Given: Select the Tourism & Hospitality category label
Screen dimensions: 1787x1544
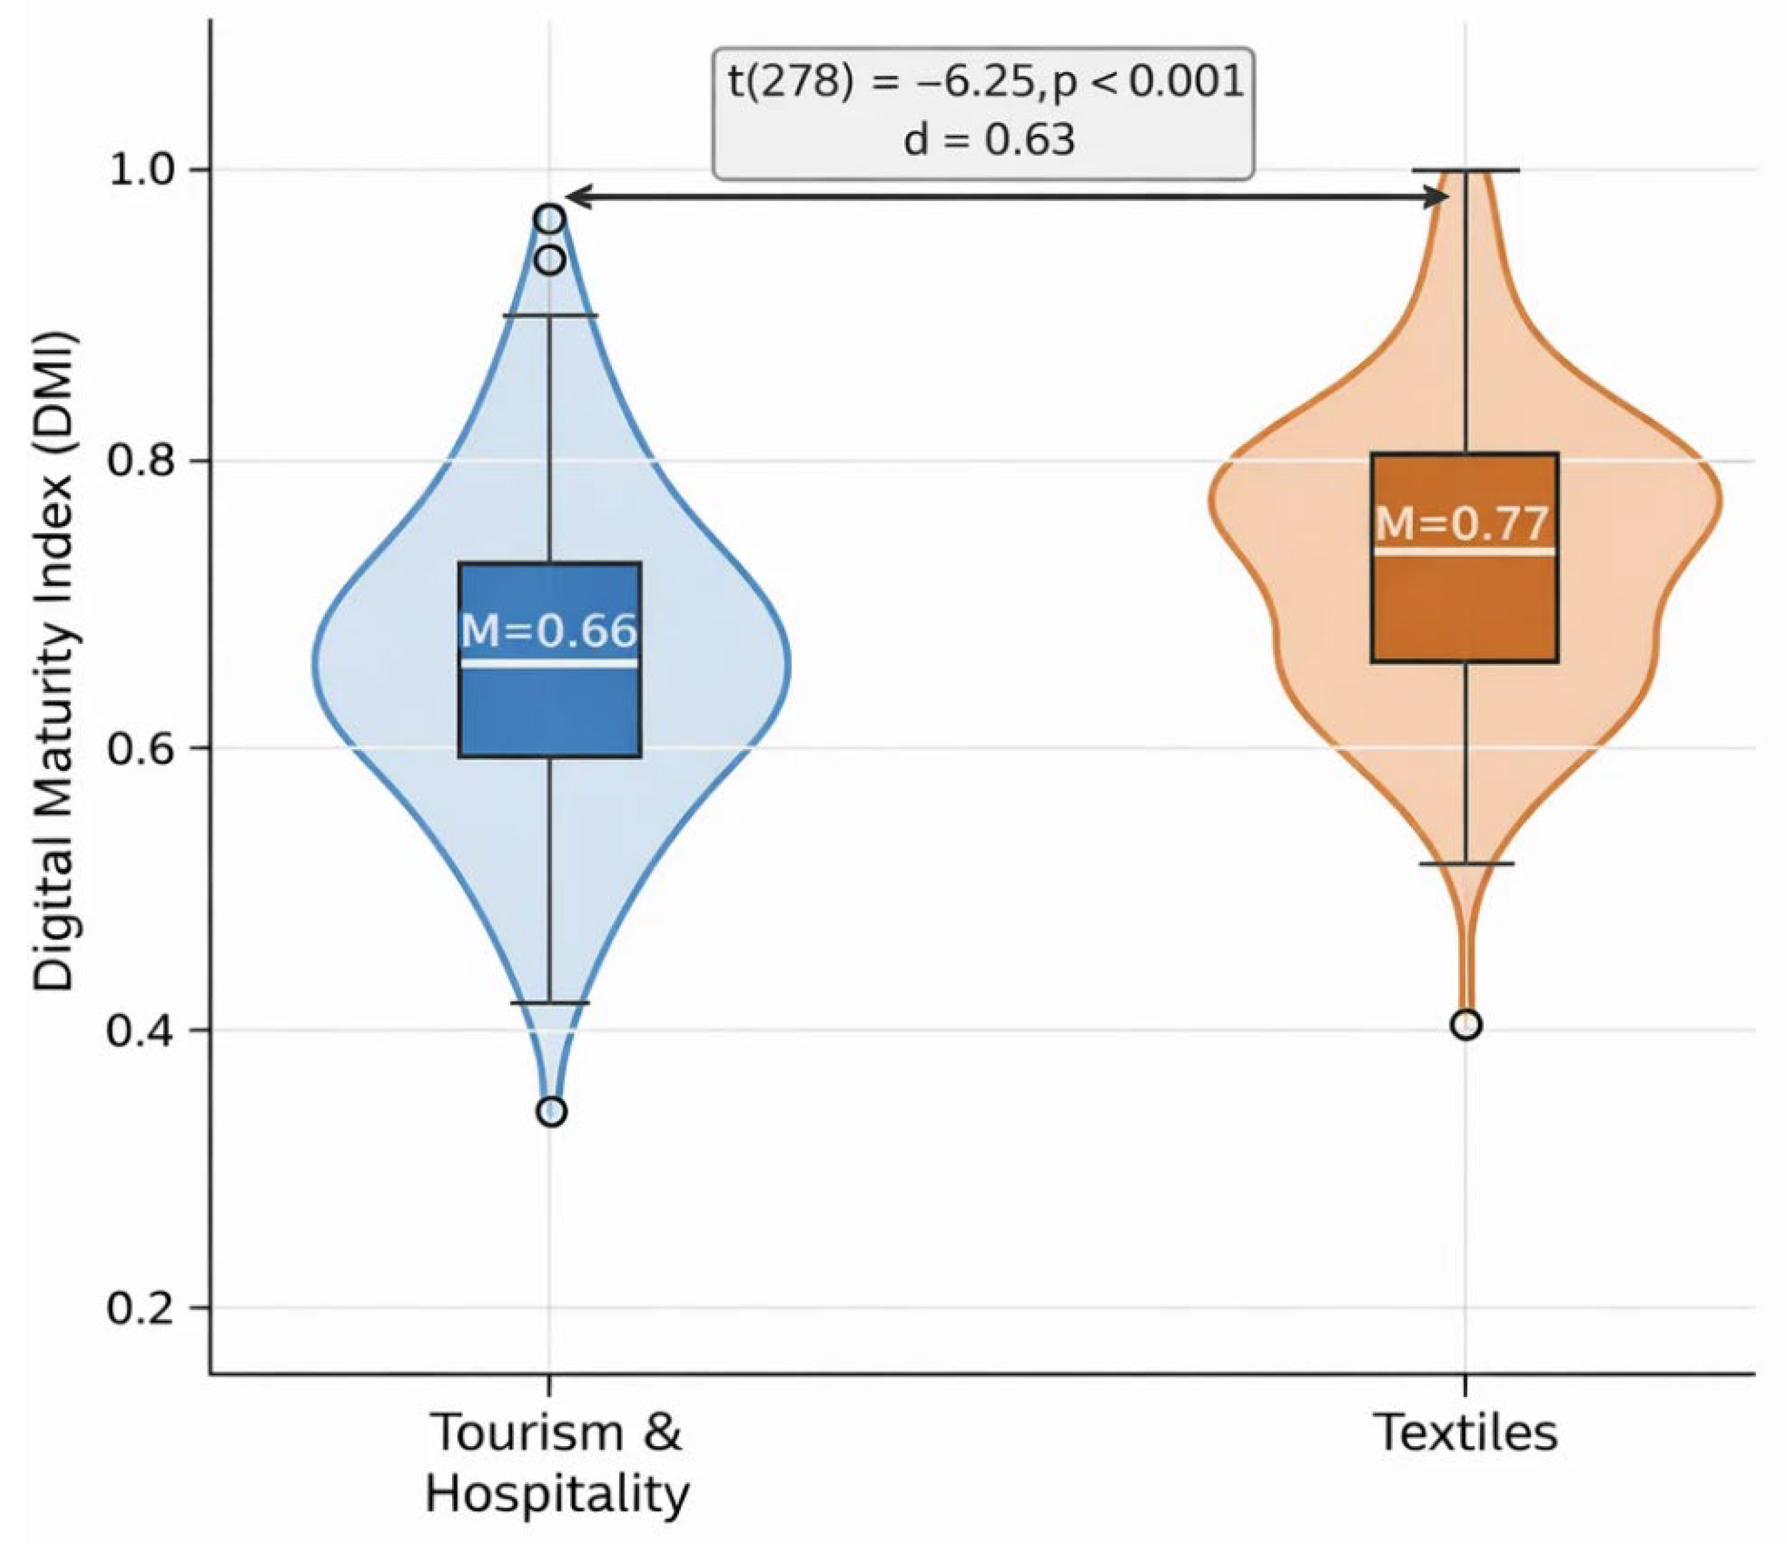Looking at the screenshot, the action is [x=557, y=1463].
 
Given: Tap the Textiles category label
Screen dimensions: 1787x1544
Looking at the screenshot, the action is [x=1466, y=1433].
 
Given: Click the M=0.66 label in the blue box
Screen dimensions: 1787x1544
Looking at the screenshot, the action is [x=549, y=631].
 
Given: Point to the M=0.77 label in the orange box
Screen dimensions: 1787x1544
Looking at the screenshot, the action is [x=1463, y=523].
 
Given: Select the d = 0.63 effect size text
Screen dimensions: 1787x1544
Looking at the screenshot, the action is [x=989, y=140].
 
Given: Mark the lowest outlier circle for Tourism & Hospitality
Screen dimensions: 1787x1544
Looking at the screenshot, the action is [x=552, y=1112].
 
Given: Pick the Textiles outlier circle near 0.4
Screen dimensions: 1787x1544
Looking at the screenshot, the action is [x=1466, y=1025].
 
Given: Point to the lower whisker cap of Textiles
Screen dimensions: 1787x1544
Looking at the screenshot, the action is [x=1466, y=864].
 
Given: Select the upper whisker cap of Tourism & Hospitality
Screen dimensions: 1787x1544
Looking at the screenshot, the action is [x=550, y=316].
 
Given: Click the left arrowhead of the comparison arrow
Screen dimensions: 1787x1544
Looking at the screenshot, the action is [x=578, y=198].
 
